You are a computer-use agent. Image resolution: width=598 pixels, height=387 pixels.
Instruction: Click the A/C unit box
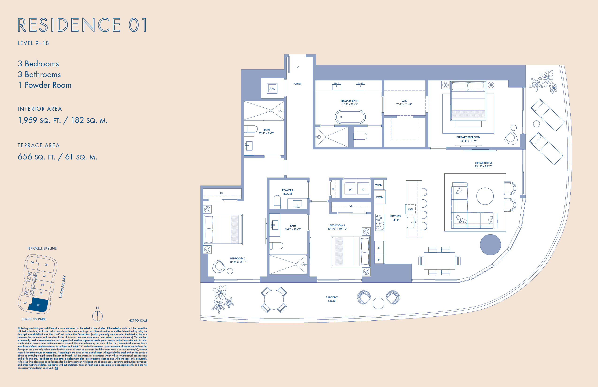pyautogui.click(x=272, y=88)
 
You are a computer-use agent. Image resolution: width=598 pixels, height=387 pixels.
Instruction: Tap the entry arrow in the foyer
pyautogui.click(x=297, y=65)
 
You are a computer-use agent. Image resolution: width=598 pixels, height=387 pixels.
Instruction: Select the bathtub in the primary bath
pyautogui.click(x=350, y=117)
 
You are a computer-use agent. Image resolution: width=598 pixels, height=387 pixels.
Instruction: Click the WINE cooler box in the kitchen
pyautogui.click(x=379, y=185)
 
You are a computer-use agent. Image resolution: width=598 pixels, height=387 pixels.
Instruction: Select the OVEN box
pyautogui.click(x=379, y=197)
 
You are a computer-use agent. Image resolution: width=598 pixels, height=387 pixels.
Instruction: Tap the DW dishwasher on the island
pyautogui.click(x=410, y=209)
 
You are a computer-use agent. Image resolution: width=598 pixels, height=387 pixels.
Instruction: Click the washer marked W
pyautogui.click(x=350, y=189)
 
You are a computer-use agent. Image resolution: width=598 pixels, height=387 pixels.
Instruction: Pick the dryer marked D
pyautogui.click(x=363, y=189)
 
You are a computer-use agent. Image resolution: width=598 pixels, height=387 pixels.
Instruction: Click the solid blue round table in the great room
pyautogui.click(x=490, y=244)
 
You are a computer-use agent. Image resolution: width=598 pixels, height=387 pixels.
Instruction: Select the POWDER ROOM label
pyautogui.click(x=288, y=192)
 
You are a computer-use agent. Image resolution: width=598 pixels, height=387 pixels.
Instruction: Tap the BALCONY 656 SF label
pyautogui.click(x=332, y=299)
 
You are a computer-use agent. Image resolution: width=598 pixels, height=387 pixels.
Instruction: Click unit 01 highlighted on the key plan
pyautogui.click(x=38, y=305)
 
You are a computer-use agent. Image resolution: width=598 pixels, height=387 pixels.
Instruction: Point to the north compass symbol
pyautogui.click(x=97, y=316)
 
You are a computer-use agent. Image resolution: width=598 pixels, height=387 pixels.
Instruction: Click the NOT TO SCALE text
pyautogui.click(x=138, y=320)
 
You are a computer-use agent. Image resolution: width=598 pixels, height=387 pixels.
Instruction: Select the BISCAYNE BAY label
pyautogui.click(x=63, y=287)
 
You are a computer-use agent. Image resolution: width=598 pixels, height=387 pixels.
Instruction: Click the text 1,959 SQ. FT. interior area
pyautogui.click(x=40, y=120)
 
